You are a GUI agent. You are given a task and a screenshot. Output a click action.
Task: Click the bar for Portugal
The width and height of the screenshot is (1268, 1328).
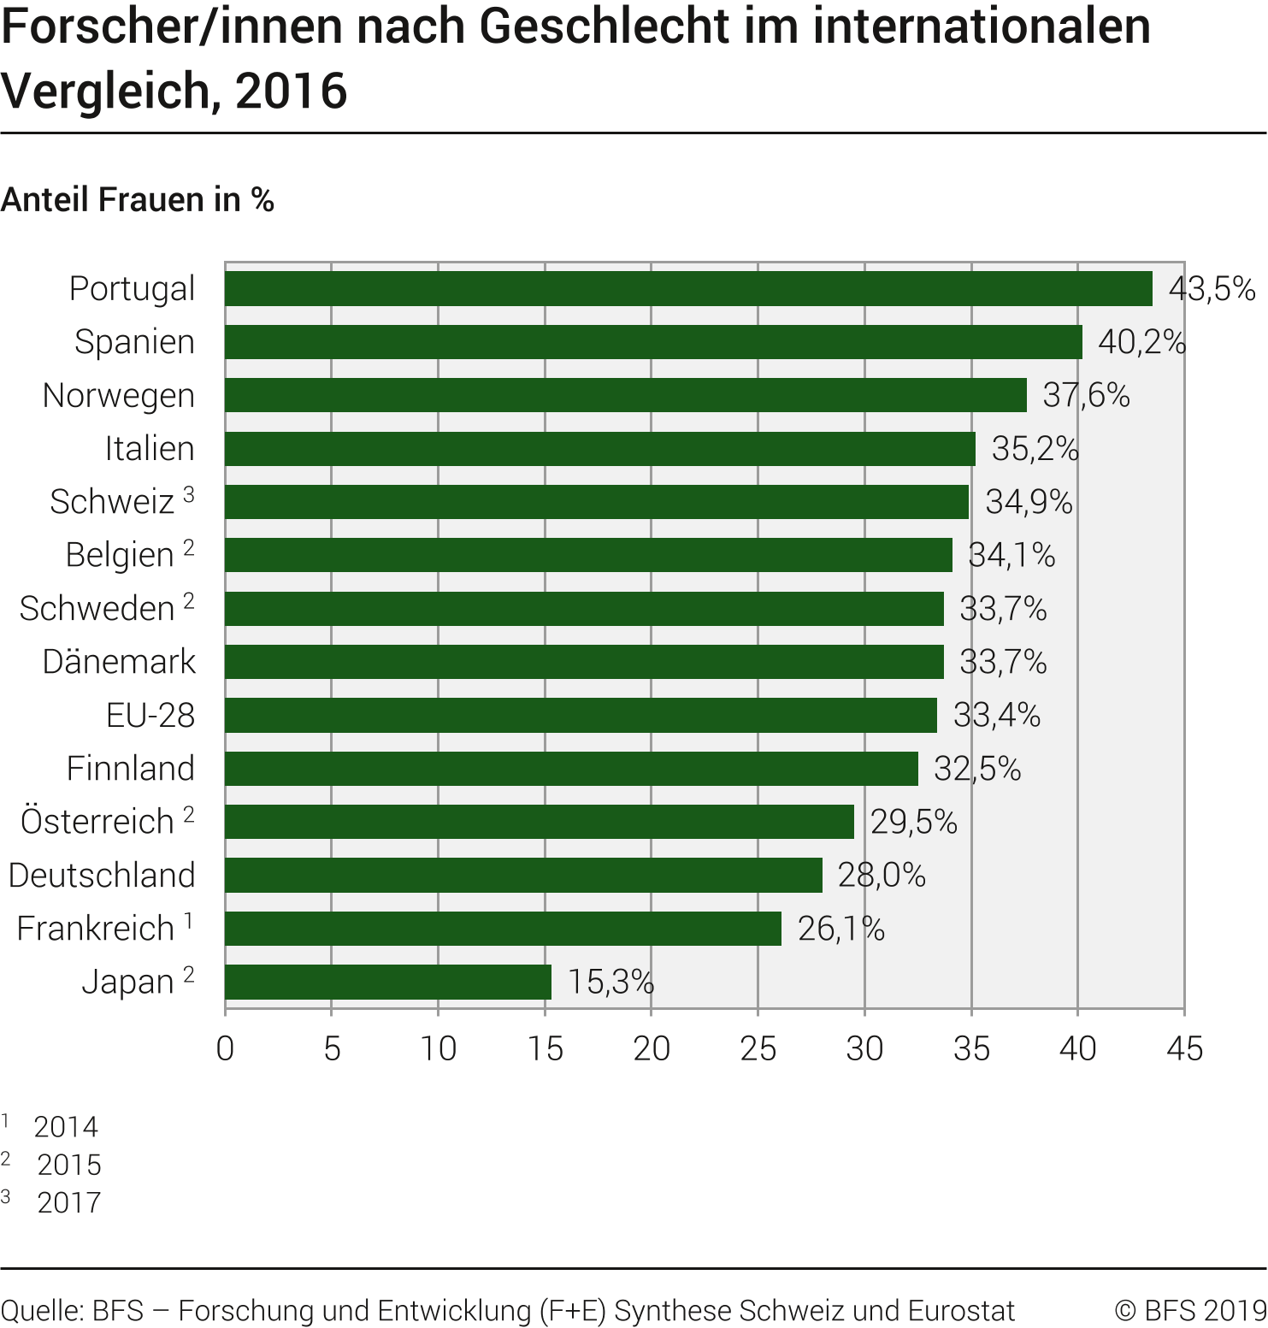688,289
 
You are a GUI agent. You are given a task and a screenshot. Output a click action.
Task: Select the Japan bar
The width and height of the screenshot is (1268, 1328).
388,982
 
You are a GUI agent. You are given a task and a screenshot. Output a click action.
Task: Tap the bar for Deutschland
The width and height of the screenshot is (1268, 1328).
523,876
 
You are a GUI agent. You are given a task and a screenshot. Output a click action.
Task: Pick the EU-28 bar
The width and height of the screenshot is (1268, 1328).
581,715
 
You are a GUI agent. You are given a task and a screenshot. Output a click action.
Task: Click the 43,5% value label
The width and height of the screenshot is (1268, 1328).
1212,289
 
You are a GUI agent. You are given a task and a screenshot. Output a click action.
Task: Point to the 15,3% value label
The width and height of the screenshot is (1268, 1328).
610,982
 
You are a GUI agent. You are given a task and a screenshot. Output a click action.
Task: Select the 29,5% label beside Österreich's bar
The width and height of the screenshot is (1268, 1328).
913,822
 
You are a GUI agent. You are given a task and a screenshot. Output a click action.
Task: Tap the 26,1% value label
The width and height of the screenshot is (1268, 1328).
840,929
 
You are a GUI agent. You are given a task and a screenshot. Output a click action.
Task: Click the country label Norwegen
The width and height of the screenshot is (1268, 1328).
119,396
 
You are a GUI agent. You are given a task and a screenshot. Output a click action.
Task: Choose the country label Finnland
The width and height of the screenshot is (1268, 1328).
131,768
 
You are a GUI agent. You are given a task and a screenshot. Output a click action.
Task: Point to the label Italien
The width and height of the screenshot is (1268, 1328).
150,449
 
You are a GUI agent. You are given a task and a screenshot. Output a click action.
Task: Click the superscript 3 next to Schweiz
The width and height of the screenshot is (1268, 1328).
189,494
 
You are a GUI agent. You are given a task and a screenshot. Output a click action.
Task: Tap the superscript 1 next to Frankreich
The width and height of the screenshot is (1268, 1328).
189,921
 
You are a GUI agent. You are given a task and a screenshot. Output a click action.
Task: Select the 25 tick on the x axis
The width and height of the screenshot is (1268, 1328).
758,1048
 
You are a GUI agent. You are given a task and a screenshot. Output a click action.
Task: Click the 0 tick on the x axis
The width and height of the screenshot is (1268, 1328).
225,1048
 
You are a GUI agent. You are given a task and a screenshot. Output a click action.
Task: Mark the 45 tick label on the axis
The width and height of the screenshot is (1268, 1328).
1184,1048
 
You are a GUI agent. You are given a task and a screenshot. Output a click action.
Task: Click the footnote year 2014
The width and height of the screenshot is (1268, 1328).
66,1127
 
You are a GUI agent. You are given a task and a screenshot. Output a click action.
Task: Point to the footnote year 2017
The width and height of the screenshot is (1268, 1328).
69,1202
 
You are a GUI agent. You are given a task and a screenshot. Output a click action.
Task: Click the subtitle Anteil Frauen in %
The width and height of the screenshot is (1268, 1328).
138,200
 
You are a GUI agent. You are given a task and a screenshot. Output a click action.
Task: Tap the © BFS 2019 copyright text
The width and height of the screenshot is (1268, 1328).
1190,1310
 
